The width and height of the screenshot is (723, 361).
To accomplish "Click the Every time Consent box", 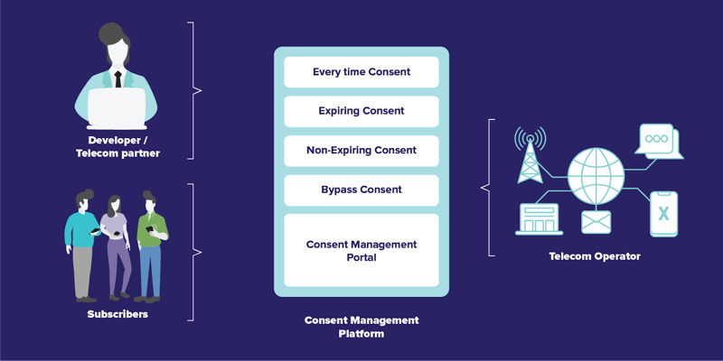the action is (x=361, y=72).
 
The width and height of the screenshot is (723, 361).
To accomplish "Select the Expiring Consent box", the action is (x=361, y=111).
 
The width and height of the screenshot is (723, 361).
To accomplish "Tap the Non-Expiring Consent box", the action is (x=361, y=151).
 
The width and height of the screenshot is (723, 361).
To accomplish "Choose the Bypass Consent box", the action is (x=361, y=190).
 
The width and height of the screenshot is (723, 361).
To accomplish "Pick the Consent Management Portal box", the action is (x=361, y=251).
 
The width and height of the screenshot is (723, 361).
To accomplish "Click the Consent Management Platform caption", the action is (x=361, y=327).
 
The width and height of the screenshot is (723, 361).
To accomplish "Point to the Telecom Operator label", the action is (x=595, y=256).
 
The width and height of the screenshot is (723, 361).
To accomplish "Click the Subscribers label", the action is (x=117, y=314).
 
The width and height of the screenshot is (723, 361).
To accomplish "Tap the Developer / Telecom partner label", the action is (x=117, y=147).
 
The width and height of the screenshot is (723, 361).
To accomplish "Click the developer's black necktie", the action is (x=118, y=79).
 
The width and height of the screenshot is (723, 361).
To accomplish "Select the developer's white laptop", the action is (x=117, y=108).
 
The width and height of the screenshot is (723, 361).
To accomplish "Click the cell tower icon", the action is (x=531, y=154).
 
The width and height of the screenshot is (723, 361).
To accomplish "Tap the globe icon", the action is (x=596, y=176).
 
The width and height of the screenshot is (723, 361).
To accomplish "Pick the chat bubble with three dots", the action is (x=659, y=141).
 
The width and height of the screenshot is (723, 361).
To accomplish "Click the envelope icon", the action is (x=596, y=222).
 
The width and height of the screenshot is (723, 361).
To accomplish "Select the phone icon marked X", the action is (x=663, y=214).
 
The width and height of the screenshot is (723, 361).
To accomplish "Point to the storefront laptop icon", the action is (x=539, y=219).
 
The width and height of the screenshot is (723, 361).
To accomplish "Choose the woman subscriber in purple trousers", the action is (x=116, y=246).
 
